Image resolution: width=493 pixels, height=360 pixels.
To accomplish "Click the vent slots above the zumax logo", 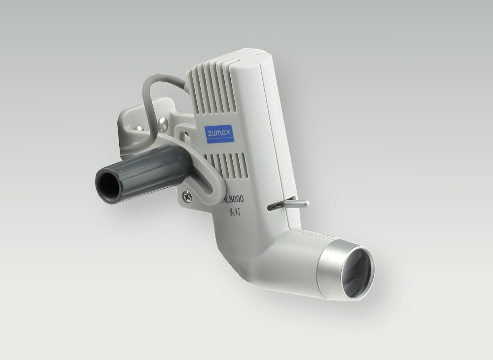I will [x=222, y=94].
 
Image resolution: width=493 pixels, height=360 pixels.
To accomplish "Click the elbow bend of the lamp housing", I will [x=256, y=256].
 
